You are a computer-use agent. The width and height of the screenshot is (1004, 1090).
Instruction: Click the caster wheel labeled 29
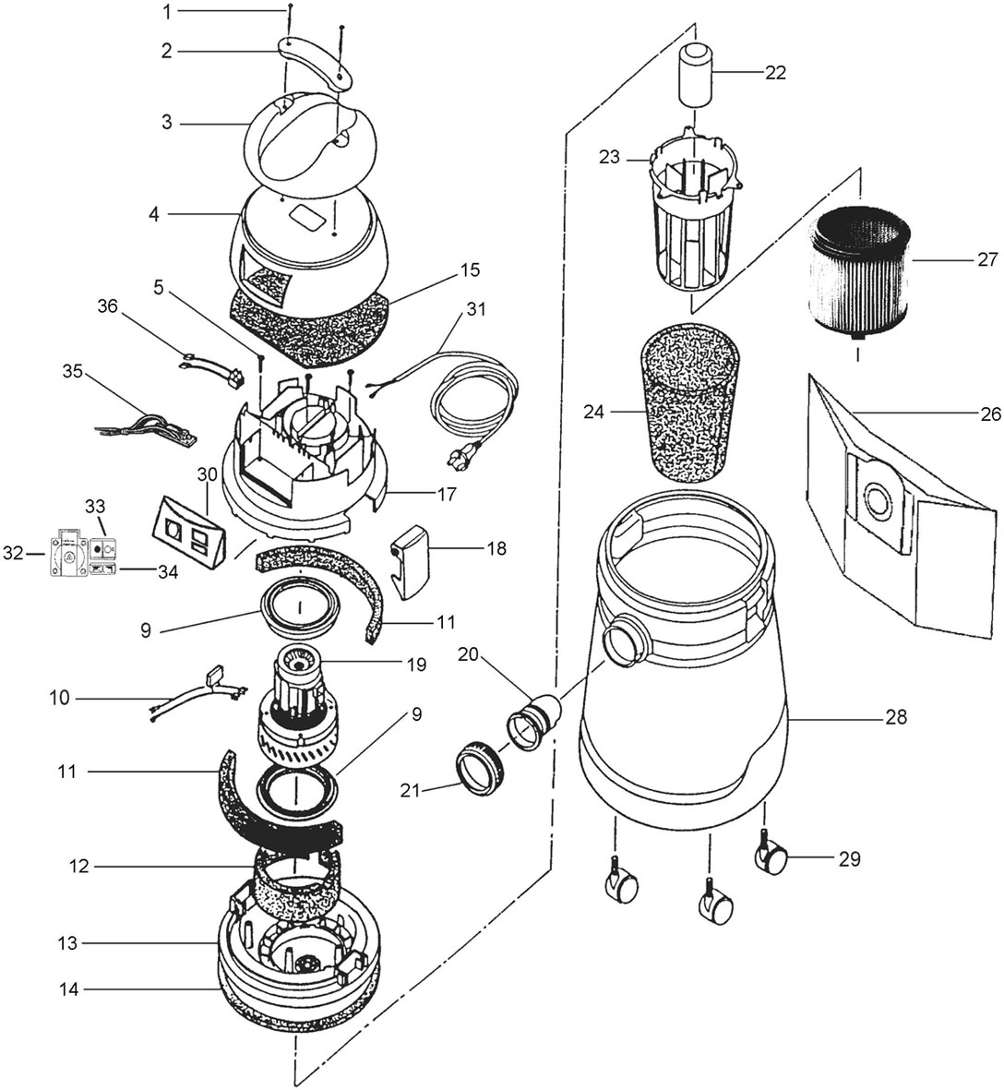tap(771, 861)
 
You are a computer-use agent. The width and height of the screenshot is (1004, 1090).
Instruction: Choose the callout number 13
tap(67, 943)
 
